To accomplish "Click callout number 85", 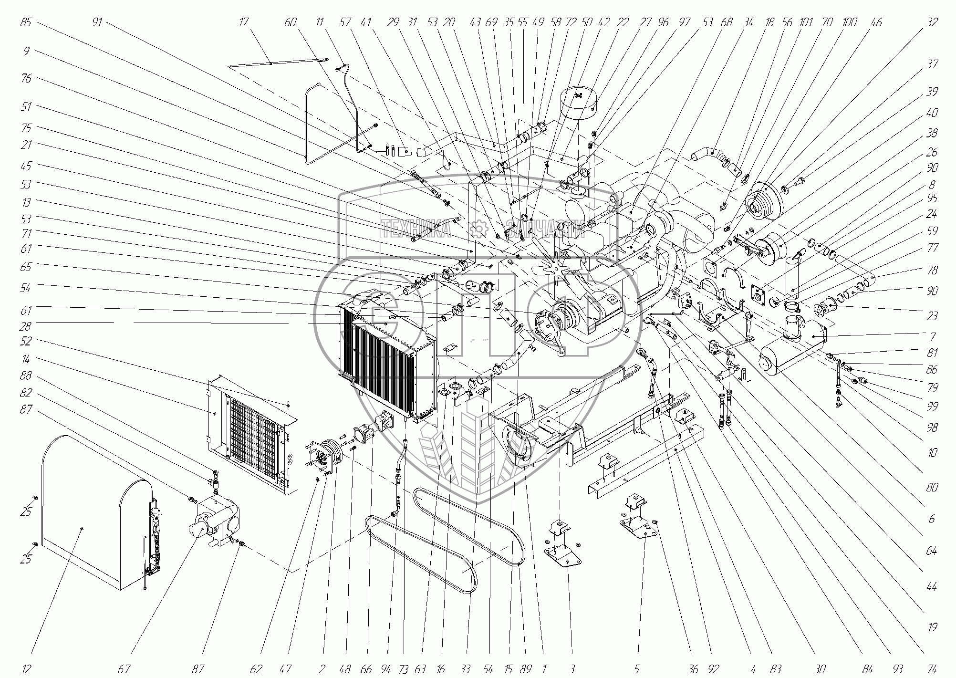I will (26, 22).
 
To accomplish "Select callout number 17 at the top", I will (244, 22).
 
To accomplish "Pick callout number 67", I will (124, 669).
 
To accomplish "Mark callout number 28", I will (26, 326).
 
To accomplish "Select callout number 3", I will (572, 669).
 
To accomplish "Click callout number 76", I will (26, 78).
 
